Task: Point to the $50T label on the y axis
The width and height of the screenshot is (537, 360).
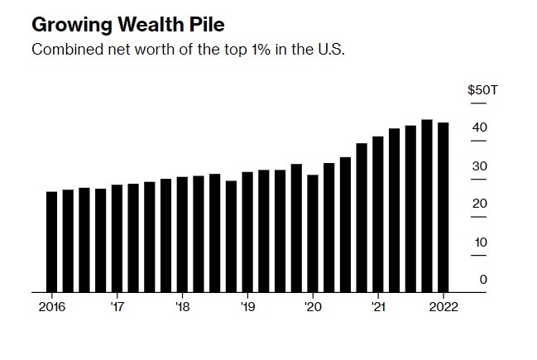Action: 482,90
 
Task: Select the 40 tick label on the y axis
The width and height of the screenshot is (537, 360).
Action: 479,127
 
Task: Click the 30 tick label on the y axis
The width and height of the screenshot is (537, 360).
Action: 479,166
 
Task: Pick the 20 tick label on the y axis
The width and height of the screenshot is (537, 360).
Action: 479,204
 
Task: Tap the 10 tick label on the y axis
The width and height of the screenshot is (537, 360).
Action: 479,242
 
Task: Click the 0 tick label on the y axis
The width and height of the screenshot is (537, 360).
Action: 483,280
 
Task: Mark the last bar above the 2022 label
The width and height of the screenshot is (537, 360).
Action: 443,207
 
